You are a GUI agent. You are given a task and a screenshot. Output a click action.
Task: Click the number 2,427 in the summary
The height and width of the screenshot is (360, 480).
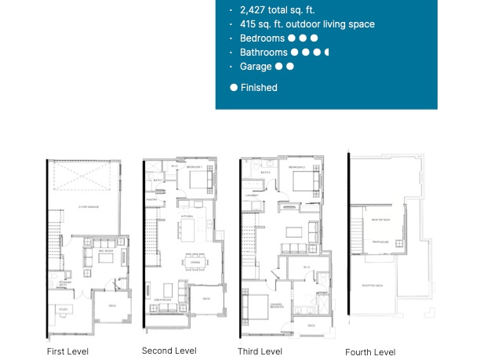click(251, 10)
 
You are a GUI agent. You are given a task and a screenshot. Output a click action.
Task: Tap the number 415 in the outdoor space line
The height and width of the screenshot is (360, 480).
click(248, 24)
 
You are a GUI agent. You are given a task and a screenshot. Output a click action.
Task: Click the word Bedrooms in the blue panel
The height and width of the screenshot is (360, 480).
click(262, 38)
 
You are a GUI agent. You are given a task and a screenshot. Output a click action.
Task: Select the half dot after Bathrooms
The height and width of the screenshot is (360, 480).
click(326, 53)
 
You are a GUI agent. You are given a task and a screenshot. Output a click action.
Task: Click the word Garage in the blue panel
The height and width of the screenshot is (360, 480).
click(256, 67)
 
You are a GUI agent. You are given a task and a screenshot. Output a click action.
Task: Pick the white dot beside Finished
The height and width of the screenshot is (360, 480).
click(234, 88)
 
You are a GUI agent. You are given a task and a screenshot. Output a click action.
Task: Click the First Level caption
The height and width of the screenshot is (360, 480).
click(68, 351)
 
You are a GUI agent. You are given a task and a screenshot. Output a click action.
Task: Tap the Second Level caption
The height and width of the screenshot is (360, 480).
click(169, 351)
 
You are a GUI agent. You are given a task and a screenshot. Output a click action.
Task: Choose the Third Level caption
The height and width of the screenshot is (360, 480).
click(260, 351)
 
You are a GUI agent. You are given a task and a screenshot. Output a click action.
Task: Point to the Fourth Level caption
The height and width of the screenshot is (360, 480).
click(370, 352)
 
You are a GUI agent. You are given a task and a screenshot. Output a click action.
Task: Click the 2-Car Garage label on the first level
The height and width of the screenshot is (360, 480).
click(87, 206)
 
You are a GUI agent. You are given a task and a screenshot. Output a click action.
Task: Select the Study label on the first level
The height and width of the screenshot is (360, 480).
click(62, 309)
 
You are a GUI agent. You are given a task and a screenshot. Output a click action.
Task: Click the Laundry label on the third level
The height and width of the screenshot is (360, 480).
click(252, 195)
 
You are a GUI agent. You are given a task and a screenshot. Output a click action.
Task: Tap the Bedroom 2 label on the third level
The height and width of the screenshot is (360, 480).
click(296, 168)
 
